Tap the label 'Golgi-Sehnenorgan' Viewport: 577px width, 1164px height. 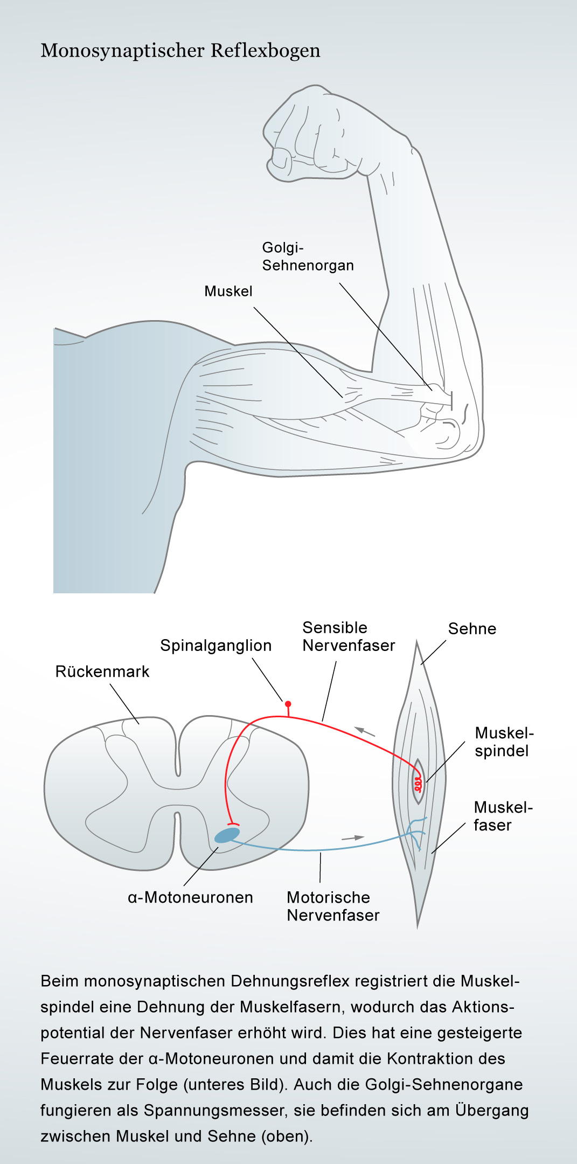pyautogui.click(x=308, y=257)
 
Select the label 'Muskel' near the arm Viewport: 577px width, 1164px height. pyautogui.click(x=228, y=292)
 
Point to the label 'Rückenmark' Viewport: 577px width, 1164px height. pyautogui.click(x=102, y=672)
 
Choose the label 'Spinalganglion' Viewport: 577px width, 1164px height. pyautogui.click(x=215, y=646)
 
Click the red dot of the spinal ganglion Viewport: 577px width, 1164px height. pyautogui.click(x=288, y=704)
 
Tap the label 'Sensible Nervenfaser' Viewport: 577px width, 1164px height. pyautogui.click(x=349, y=636)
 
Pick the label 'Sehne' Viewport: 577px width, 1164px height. pyautogui.click(x=472, y=629)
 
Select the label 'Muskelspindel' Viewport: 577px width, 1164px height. pyautogui.click(x=504, y=742)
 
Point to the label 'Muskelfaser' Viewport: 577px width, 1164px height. pyautogui.click(x=503, y=816)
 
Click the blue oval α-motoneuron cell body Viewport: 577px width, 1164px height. pyautogui.click(x=227, y=835)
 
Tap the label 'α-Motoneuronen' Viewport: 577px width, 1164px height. pyautogui.click(x=190, y=898)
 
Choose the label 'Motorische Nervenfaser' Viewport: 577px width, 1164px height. pyautogui.click(x=333, y=906)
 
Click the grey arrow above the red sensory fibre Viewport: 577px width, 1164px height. pyautogui.click(x=365, y=732)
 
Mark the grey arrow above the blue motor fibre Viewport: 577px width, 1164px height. pyautogui.click(x=353, y=838)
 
